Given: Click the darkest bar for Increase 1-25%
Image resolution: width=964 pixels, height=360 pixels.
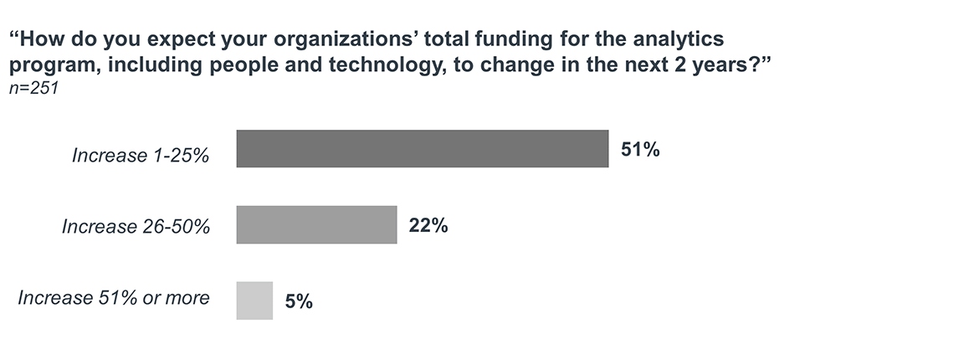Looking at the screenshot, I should (x=422, y=149).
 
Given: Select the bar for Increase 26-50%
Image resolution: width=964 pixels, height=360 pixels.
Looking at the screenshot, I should (x=316, y=224).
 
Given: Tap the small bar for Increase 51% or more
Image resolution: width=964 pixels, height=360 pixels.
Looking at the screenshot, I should (x=254, y=301).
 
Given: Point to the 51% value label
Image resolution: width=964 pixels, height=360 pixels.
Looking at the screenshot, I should (x=640, y=150).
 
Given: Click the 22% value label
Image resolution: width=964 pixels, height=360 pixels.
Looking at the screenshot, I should (x=428, y=225).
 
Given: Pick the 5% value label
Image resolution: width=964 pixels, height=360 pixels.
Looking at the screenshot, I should (x=299, y=301).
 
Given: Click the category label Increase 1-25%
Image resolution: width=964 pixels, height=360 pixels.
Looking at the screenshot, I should (x=141, y=156).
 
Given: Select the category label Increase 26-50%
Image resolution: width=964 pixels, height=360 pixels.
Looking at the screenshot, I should (x=136, y=226).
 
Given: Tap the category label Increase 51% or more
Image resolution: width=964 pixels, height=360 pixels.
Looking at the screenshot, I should (x=114, y=297).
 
